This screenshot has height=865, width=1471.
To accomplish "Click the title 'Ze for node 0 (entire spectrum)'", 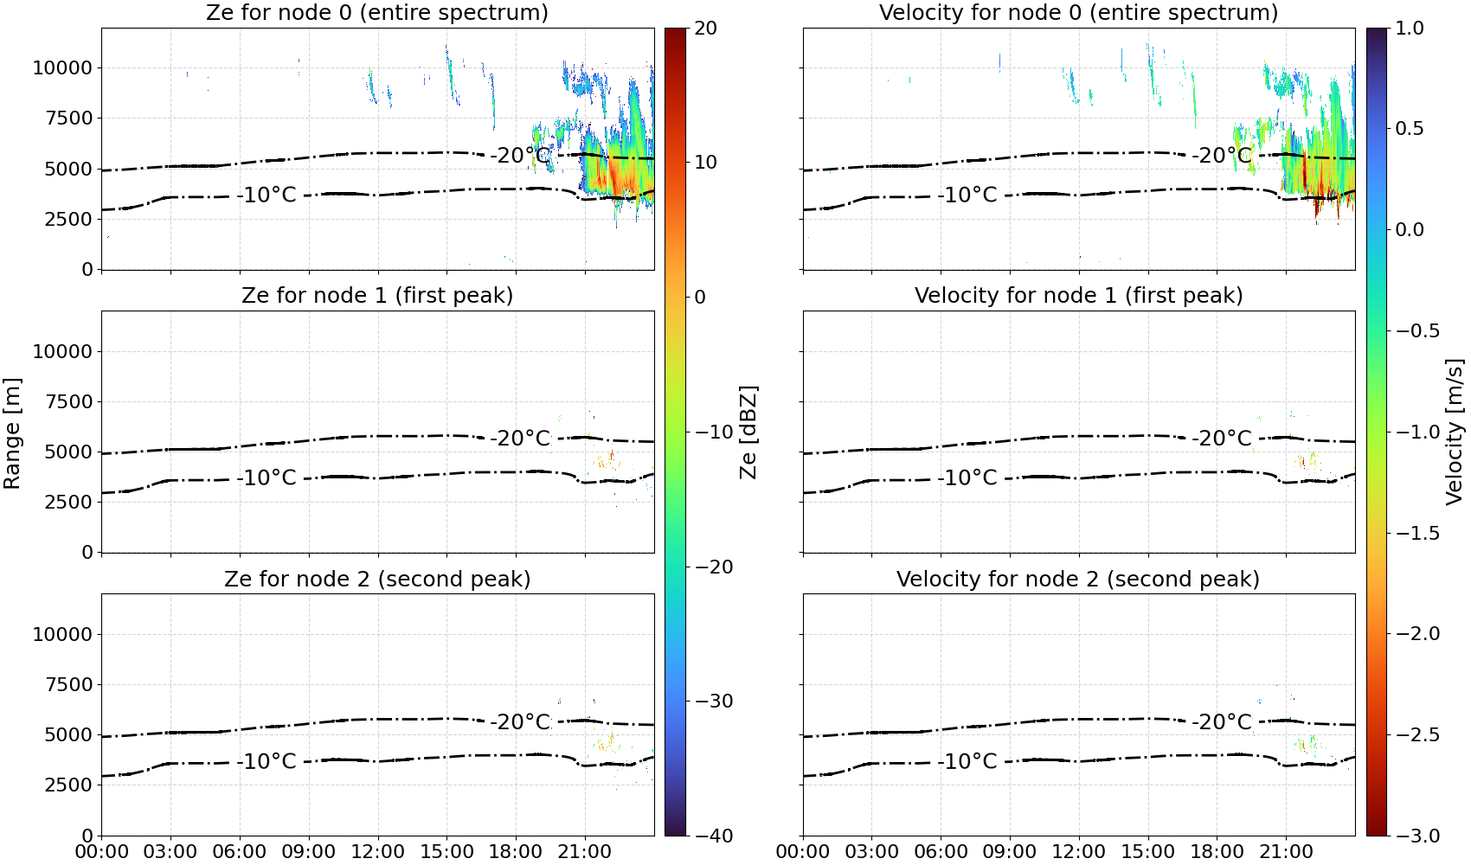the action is (x=377, y=12).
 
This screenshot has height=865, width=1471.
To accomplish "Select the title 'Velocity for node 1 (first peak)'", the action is (x=1078, y=295).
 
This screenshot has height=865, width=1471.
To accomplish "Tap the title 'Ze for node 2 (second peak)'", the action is (x=377, y=579).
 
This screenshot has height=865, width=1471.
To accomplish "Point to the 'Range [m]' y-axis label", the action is (x=12, y=433).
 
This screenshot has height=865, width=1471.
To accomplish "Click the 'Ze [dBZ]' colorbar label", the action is (x=748, y=432).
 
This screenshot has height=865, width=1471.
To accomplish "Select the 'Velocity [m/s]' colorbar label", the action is (x=1455, y=432).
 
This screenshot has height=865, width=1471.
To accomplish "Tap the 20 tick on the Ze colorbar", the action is (x=705, y=29).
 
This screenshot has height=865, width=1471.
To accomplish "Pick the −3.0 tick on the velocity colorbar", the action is (x=1409, y=836).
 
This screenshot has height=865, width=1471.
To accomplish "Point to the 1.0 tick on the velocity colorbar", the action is (x=1410, y=29).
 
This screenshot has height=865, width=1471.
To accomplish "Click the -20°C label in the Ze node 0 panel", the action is (x=520, y=156).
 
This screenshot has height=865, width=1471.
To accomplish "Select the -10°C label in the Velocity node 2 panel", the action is (x=967, y=761).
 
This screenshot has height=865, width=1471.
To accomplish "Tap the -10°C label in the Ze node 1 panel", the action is (x=267, y=477).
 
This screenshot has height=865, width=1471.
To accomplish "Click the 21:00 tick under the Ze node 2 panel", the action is (x=585, y=852).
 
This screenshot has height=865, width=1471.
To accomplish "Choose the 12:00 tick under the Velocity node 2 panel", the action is (x=1079, y=852).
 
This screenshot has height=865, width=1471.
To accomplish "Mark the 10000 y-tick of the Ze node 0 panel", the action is (x=62, y=67).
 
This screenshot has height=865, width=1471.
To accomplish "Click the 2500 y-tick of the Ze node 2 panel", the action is (x=68, y=785).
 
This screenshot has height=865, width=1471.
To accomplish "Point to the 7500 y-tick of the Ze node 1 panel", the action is (x=68, y=401).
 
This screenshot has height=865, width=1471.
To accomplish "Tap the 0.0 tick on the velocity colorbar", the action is (x=1410, y=230).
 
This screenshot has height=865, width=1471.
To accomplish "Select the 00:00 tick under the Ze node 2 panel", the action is (x=102, y=852).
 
